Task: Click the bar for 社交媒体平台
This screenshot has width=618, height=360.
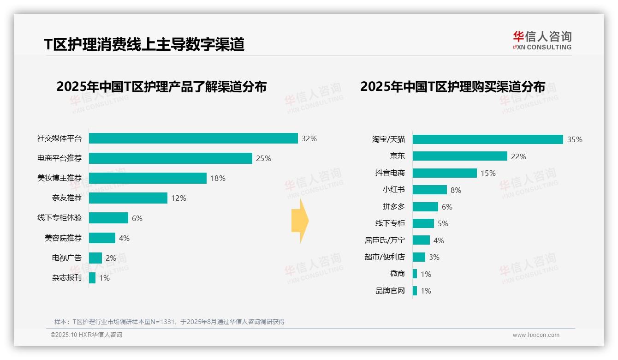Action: [x=193, y=138]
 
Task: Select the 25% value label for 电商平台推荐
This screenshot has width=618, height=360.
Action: [x=263, y=159]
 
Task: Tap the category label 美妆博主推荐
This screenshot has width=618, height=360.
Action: [x=59, y=178]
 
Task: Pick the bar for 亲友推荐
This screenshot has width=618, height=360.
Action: [x=128, y=198]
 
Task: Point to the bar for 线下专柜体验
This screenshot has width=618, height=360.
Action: [x=108, y=218]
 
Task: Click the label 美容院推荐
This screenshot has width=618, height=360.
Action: [x=63, y=238]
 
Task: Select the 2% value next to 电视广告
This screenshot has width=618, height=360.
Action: [x=111, y=258]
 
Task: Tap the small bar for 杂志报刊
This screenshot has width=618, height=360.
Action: [x=92, y=278]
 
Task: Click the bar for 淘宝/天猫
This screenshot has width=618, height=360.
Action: [x=488, y=139]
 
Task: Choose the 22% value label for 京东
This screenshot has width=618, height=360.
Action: [x=518, y=156]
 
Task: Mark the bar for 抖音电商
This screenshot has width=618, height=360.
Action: [x=445, y=173]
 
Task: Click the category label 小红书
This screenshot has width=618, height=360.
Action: [x=394, y=190]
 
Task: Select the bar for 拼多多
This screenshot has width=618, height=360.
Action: [x=425, y=207]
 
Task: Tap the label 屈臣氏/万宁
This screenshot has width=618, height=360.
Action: [x=385, y=240]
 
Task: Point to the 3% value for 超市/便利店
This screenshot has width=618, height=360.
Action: [x=434, y=257]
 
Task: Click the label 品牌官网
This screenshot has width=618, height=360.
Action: [x=390, y=291]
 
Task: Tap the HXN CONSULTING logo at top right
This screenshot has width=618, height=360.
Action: [x=542, y=41]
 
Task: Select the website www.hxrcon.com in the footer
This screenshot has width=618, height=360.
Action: [x=536, y=335]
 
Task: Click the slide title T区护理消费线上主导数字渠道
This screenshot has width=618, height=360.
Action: [x=144, y=44]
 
